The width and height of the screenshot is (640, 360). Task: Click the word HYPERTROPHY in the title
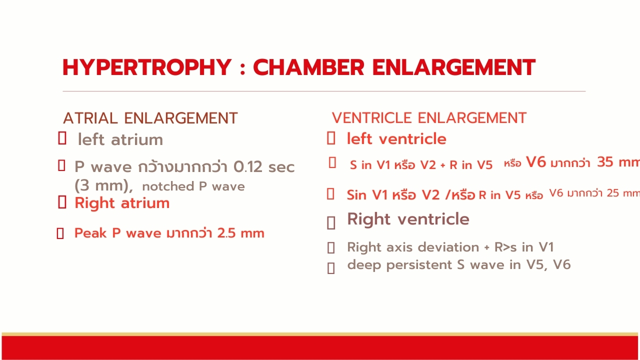147,67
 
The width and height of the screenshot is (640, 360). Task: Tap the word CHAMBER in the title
308,67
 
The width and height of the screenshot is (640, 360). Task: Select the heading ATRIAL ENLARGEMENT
150,118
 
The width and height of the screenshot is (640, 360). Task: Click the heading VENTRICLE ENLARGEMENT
429,118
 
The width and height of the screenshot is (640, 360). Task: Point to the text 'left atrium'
120,139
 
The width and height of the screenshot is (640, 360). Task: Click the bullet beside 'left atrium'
62,138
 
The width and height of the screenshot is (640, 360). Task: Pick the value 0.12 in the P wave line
247,167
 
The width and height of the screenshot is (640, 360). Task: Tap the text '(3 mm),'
103,185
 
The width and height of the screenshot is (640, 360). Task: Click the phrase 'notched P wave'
193,186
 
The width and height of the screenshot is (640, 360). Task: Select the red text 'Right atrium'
122,203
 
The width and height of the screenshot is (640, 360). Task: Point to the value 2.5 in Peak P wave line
226,233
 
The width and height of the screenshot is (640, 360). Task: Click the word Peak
91,233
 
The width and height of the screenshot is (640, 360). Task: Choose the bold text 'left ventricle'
396,139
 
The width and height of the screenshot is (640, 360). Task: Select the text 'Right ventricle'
408,219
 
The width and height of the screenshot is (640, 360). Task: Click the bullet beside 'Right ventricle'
331,223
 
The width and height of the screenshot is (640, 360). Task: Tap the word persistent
418,265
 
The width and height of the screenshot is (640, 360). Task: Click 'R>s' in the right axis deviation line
505,247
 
